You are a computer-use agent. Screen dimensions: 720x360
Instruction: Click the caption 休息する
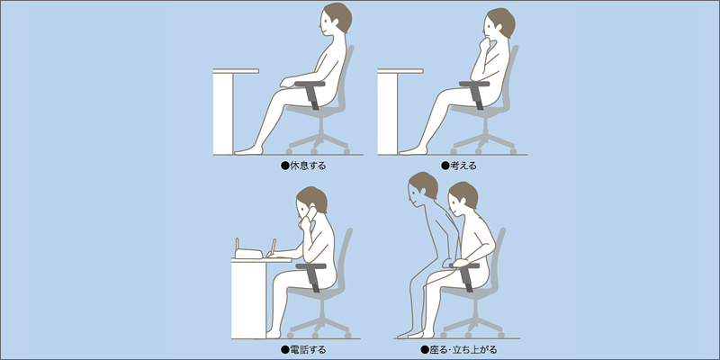(x=307, y=166)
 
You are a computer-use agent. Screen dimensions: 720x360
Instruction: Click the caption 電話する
(x=307, y=350)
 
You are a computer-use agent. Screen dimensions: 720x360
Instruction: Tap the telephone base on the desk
(x=248, y=254)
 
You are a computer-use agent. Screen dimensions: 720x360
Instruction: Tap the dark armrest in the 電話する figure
(x=312, y=275)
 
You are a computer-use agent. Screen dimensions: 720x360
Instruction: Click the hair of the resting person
(x=339, y=15)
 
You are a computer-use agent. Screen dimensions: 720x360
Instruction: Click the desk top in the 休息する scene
(x=236, y=71)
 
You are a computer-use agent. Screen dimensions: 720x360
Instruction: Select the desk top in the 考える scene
(x=400, y=71)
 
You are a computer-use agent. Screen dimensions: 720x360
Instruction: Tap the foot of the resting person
(x=248, y=149)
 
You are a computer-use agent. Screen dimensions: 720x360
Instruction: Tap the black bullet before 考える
(x=445, y=166)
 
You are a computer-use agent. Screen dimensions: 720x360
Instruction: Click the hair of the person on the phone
(x=313, y=197)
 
